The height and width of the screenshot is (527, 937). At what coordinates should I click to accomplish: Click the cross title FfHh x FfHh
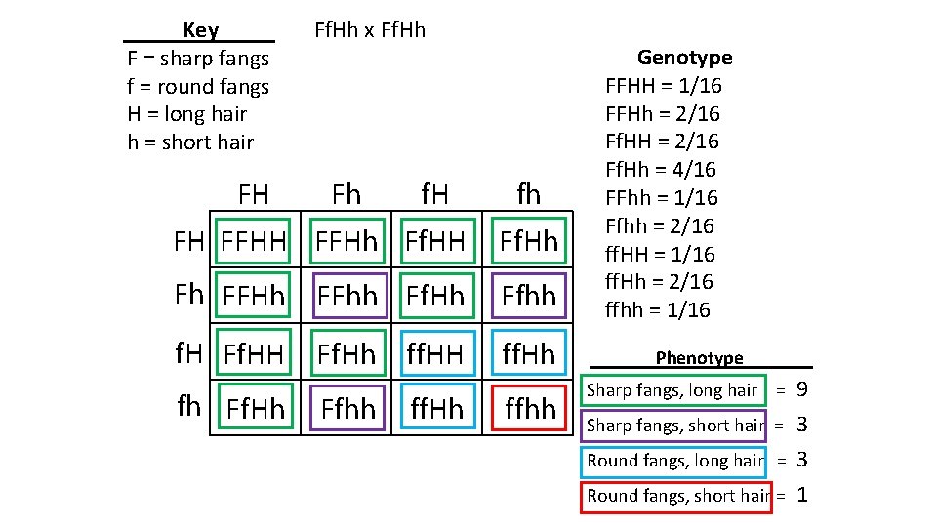click(370, 30)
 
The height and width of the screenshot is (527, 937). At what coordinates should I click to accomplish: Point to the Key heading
click(200, 30)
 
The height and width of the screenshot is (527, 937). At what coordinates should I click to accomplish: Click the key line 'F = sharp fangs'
click(198, 59)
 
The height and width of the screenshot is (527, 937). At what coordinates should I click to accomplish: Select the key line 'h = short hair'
click(190, 142)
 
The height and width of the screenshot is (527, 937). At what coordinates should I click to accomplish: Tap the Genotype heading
click(684, 58)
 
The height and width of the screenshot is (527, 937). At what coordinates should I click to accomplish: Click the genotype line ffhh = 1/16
click(658, 310)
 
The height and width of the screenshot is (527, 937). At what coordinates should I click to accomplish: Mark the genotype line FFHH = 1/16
click(664, 86)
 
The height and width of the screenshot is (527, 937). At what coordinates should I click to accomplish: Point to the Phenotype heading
click(699, 358)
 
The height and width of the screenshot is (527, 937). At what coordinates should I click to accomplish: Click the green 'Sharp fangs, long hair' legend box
click(672, 390)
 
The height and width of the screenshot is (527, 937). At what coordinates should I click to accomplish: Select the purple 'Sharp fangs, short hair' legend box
click(674, 425)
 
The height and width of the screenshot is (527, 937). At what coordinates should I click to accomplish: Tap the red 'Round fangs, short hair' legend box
click(675, 495)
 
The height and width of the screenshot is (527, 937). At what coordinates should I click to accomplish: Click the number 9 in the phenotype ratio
click(801, 390)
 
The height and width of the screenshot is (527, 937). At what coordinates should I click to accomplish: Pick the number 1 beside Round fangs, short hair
click(801, 495)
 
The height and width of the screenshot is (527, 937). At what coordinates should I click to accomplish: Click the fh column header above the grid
click(527, 194)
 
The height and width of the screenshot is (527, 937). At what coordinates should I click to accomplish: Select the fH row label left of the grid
click(188, 353)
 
